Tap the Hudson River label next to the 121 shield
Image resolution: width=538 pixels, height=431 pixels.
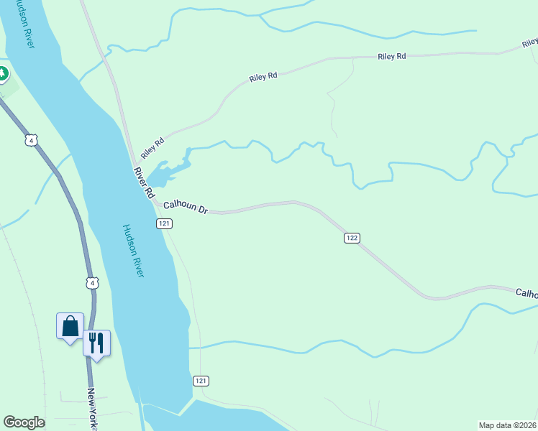click(134, 251)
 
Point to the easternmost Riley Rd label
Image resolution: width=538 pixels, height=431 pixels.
click(393, 56)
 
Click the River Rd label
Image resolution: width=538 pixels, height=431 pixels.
click(144, 182)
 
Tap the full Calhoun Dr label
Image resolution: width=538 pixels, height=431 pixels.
click(186, 207)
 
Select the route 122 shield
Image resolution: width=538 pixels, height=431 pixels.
click(352, 238)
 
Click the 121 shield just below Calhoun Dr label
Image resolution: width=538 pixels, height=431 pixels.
click(164, 224)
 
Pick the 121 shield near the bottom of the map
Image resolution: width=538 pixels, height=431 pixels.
click(201, 380)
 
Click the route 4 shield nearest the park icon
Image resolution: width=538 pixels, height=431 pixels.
click(30, 139)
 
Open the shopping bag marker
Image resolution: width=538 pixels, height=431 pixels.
click(70, 327)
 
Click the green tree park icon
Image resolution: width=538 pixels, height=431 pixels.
click(2, 73)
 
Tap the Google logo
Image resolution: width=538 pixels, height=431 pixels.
click(24, 422)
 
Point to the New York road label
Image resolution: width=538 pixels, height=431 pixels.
click(92, 409)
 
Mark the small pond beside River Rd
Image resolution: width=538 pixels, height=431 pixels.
click(169, 171)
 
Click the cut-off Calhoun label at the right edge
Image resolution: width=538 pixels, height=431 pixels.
click(526, 293)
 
